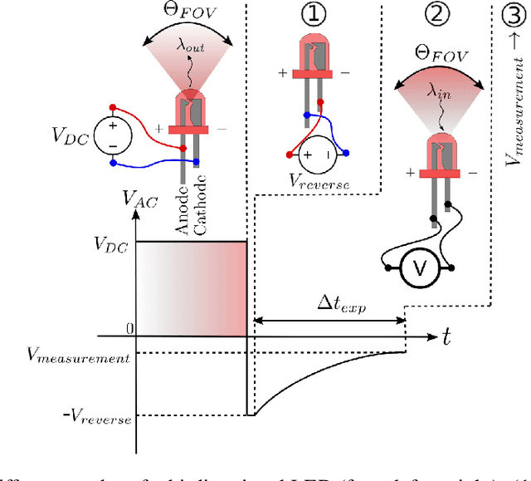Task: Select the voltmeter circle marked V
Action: point(420,268)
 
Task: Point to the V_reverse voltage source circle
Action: point(318,155)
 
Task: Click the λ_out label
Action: point(189,48)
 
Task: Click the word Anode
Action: point(182,209)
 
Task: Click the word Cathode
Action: point(200,208)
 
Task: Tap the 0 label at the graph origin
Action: point(130,330)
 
